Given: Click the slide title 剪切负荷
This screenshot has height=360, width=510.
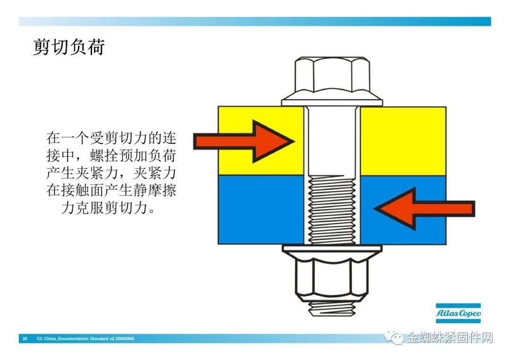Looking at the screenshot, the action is pyautogui.click(x=69, y=47).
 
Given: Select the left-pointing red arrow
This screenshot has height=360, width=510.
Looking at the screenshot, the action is pyautogui.click(x=425, y=208).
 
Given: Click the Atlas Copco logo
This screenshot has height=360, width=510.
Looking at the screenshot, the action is pyautogui.click(x=458, y=313).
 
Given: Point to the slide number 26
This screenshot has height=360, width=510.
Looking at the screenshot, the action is pyautogui.click(x=25, y=339).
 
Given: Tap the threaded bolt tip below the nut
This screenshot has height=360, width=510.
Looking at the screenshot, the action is pyautogui.click(x=331, y=309).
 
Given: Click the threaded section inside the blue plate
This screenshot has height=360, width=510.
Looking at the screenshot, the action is pyautogui.click(x=331, y=210).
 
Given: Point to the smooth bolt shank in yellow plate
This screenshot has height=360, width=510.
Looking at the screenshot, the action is pyautogui.click(x=332, y=141).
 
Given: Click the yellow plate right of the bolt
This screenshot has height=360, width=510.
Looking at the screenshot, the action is pyautogui.click(x=403, y=141).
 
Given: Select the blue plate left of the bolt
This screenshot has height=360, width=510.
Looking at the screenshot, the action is pyautogui.click(x=261, y=210).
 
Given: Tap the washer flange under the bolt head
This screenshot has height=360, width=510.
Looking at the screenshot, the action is pyautogui.click(x=332, y=100).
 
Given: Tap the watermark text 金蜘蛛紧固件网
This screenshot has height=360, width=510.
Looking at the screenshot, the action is pyautogui.click(x=450, y=338).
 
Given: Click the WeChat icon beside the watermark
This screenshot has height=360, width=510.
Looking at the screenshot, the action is pyautogui.click(x=394, y=338).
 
